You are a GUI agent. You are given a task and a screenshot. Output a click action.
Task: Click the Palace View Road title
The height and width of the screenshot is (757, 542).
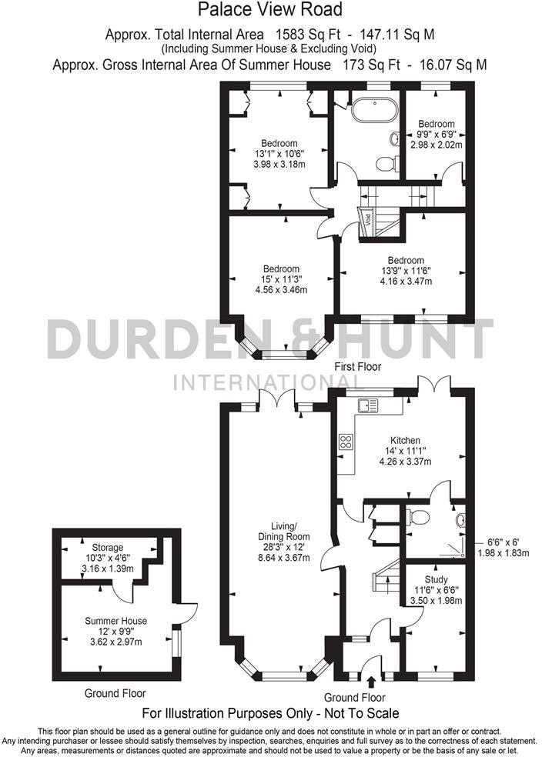coord(270,10)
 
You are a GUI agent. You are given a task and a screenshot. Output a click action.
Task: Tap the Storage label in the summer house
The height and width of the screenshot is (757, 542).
coord(108,548)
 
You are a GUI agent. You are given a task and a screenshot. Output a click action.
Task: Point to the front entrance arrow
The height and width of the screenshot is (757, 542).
coord(373,681)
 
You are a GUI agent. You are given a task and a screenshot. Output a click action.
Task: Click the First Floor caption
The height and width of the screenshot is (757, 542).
coord(357,367)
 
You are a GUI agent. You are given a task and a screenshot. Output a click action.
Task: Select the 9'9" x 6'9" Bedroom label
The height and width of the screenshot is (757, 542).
coord(436,123)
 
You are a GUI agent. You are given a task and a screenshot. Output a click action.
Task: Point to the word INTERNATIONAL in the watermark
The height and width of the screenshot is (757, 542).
coord(270,381)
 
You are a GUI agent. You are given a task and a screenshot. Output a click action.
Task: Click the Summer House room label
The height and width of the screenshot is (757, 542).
coord(116,620)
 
